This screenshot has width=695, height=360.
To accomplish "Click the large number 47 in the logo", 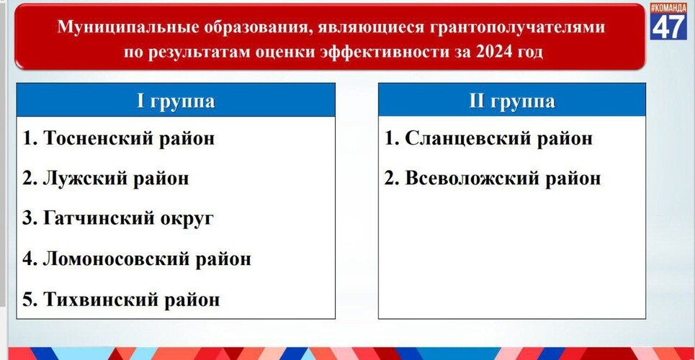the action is [x=669, y=26].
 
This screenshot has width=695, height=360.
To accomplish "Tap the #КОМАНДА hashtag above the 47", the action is [x=669, y=8].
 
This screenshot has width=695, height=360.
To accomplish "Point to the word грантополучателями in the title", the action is [x=517, y=28].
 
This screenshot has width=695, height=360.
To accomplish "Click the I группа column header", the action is [x=176, y=102].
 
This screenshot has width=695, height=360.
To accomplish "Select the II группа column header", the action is [x=511, y=102].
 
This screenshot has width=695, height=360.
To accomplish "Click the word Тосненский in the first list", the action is [x=95, y=138].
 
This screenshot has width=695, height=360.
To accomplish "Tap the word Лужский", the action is [x=80, y=179].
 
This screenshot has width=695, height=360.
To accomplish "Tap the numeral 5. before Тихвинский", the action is [x=30, y=300].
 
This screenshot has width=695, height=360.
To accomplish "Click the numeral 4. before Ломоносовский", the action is [x=30, y=259].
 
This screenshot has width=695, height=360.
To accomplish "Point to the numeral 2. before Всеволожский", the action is [x=391, y=179].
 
